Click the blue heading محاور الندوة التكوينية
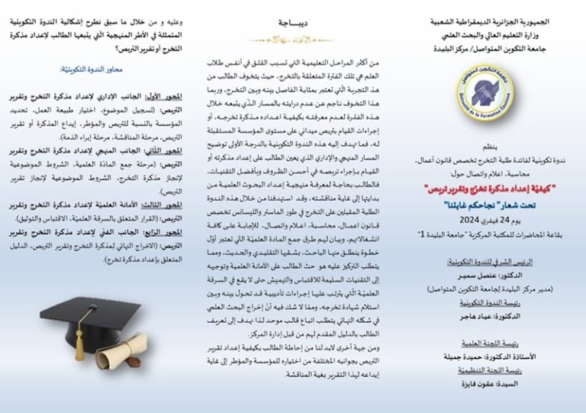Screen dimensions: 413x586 [102, 69]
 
